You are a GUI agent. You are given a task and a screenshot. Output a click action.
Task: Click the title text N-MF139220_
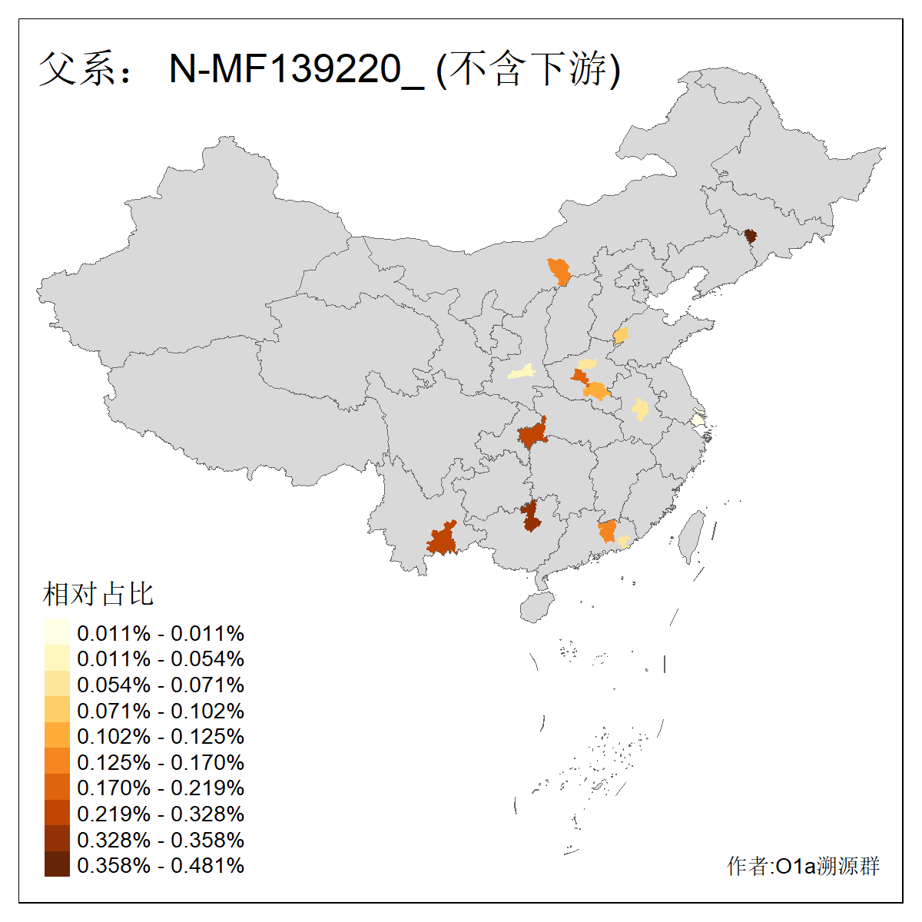point(296,70)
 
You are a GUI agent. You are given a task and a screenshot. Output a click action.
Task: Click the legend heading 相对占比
point(98,594)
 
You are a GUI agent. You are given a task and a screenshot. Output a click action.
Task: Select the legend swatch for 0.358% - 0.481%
point(57,864)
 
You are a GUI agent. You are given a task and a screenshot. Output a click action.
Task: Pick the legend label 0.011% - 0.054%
point(161,658)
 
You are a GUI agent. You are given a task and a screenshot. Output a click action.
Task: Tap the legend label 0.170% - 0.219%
point(161,788)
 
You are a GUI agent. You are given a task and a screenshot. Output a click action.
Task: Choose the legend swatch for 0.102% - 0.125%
point(57,735)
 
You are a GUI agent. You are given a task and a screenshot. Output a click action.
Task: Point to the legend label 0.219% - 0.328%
point(161,814)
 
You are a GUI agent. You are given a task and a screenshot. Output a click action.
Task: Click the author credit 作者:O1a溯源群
point(803,866)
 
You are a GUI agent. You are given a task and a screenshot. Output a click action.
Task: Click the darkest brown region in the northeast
point(751,235)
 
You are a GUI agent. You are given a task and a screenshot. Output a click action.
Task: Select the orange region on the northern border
point(560,272)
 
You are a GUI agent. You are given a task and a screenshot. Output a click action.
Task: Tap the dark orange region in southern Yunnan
point(443,539)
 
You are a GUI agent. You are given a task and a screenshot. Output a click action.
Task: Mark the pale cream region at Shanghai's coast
point(697,420)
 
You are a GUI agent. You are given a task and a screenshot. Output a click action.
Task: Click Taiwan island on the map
point(691,534)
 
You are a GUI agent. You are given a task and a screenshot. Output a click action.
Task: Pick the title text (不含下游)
point(528,70)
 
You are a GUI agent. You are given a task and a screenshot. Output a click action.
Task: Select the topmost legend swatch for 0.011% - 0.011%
point(57,632)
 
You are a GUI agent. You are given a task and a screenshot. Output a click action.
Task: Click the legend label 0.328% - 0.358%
point(161,840)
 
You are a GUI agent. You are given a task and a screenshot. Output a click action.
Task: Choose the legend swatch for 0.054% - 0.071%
point(57,684)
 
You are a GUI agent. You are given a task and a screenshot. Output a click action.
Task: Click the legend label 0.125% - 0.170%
point(161,762)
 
